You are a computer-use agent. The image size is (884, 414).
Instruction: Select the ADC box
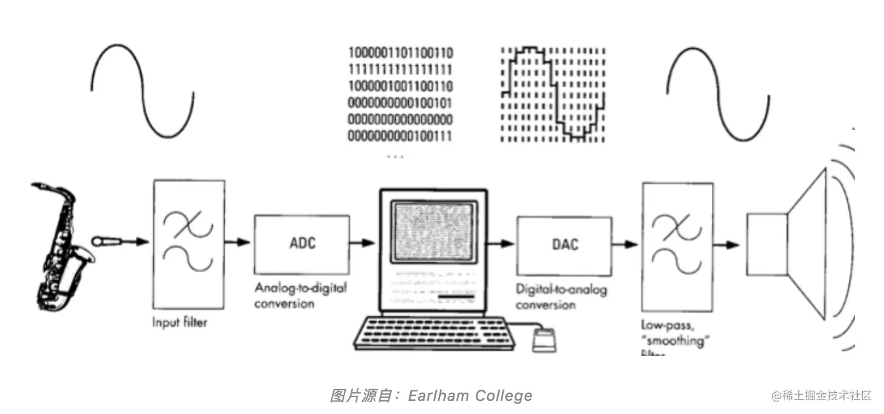click(302, 243)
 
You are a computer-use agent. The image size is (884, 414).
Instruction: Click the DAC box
click(565, 244)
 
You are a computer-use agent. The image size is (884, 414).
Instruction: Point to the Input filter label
click(179, 323)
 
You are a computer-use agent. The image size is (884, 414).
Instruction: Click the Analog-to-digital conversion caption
click(301, 296)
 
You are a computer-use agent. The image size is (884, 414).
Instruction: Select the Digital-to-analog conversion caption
click(561, 297)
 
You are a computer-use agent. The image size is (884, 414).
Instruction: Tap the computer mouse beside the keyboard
click(542, 341)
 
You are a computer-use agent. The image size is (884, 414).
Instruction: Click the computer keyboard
click(432, 332)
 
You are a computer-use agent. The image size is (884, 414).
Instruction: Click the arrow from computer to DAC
click(501, 243)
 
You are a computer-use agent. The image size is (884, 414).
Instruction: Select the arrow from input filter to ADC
click(239, 243)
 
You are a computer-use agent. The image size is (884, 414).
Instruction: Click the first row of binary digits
click(401, 53)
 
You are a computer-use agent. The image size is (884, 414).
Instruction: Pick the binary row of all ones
click(401, 69)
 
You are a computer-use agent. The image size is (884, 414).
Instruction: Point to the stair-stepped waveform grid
click(552, 94)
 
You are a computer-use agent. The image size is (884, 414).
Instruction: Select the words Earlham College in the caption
click(470, 395)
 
